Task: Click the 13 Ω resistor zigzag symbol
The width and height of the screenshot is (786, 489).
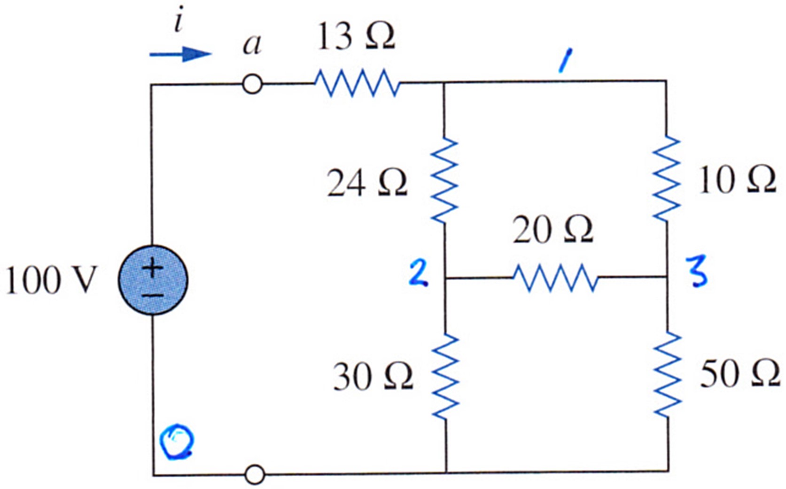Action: [x=357, y=83]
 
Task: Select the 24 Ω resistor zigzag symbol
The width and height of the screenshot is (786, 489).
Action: [x=444, y=180]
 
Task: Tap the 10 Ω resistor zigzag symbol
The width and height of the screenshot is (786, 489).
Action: [x=666, y=179]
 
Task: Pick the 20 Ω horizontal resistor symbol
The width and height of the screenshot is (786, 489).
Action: [x=555, y=278]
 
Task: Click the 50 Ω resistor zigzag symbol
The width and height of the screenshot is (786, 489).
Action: [x=668, y=375]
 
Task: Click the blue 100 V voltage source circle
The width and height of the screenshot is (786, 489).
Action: [x=153, y=280]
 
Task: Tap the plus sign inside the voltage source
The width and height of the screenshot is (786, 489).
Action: [x=153, y=268]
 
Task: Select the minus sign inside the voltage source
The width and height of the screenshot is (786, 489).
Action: [x=153, y=295]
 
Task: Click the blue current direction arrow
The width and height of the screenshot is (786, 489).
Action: [x=181, y=54]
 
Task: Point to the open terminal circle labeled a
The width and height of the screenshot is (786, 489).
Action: [x=252, y=84]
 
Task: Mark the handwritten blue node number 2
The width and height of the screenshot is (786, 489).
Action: [x=418, y=272]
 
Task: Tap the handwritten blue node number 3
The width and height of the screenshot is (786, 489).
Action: [x=697, y=272]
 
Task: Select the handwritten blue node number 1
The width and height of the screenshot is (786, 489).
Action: [x=565, y=61]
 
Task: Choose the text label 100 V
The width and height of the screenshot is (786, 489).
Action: [x=51, y=280]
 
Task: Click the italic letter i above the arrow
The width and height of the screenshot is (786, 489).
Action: [x=179, y=19]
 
